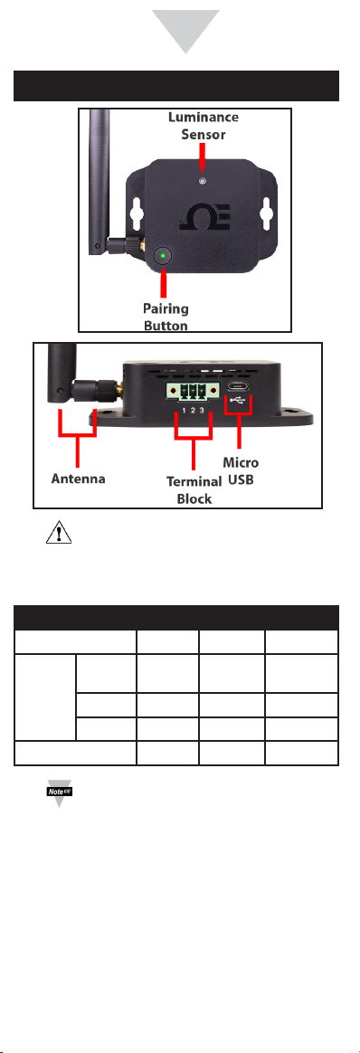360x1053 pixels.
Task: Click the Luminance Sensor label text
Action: [203, 126]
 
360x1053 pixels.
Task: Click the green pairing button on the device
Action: [164, 256]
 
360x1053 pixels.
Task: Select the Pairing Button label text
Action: [166, 317]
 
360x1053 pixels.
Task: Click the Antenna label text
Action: [79, 479]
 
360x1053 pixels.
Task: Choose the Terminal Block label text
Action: [194, 490]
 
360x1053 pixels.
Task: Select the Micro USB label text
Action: [241, 470]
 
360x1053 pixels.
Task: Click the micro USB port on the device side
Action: [239, 388]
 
